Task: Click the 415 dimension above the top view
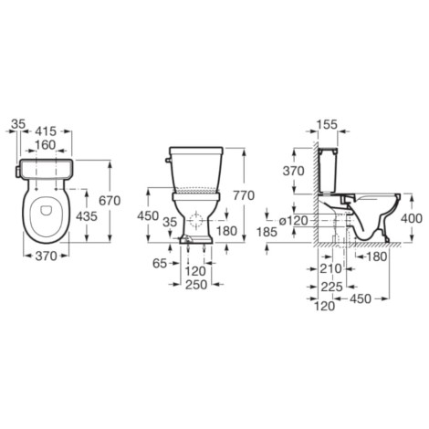[46, 131]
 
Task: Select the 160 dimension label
[46, 145]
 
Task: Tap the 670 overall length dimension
[110, 201]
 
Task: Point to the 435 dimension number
[87, 216]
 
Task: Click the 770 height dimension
[244, 195]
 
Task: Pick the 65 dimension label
[160, 264]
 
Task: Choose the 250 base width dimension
[196, 285]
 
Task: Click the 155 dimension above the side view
[328, 124]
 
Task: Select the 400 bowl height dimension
[412, 218]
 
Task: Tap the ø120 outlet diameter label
[294, 220]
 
